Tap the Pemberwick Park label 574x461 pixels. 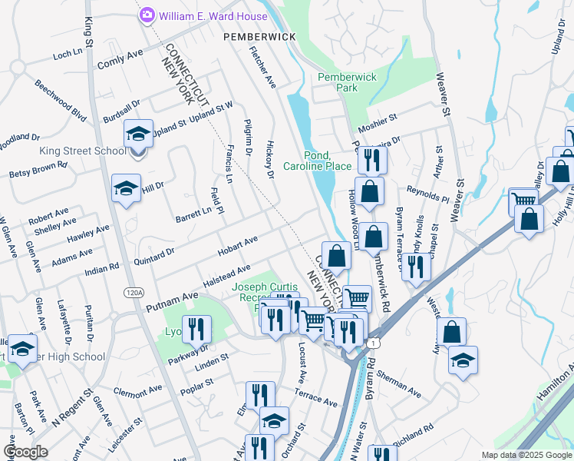pyautogui.click(x=338, y=82)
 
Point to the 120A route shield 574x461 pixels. pyautogui.click(x=134, y=292)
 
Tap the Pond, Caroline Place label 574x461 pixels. pyautogui.click(x=317, y=160)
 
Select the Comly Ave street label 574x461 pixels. pyautogui.click(x=120, y=58)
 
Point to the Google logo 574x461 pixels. pyautogui.click(x=25, y=452)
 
